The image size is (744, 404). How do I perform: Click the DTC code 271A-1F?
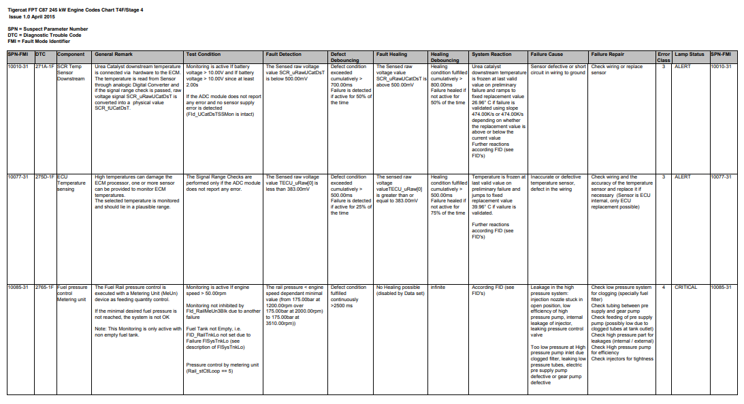[x=44, y=67]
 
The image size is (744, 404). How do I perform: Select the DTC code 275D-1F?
[x=44, y=177]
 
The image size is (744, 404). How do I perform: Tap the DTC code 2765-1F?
[x=44, y=288]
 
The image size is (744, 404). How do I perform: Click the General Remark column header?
[x=114, y=54]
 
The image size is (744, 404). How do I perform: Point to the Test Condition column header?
[x=204, y=54]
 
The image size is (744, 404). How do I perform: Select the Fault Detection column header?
[x=284, y=54]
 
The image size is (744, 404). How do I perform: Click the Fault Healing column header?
[x=392, y=54]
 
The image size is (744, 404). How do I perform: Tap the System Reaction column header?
[x=491, y=54]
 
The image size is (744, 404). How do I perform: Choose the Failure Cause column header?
[x=547, y=54]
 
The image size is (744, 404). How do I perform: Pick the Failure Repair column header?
[x=608, y=54]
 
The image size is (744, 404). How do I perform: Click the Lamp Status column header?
[x=690, y=54]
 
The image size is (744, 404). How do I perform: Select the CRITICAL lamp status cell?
[x=686, y=288]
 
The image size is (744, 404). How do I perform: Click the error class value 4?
[x=664, y=288]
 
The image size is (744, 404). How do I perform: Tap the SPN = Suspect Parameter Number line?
[x=48, y=29]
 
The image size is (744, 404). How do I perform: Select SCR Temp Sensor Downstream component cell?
[x=71, y=72]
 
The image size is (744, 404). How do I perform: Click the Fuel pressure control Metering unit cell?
[x=72, y=293]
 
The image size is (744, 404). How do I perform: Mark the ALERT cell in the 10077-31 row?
[x=682, y=177]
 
